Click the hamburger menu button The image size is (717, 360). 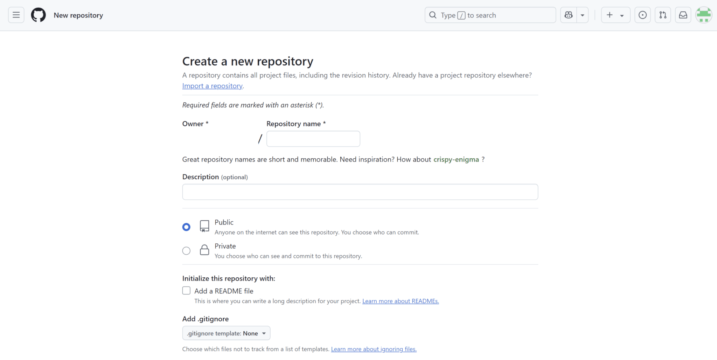click(16, 15)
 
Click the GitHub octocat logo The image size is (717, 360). click(39, 15)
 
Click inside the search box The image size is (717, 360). click(490, 15)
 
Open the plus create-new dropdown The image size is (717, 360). click(615, 15)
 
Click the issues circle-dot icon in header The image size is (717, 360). click(642, 15)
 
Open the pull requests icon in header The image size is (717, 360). click(663, 15)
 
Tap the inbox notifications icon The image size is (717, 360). click(683, 15)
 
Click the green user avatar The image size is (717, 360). click(704, 15)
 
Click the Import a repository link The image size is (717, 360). click(213, 86)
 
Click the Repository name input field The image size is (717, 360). click(313, 139)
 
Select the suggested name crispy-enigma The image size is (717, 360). click(456, 160)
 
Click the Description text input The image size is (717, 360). click(360, 192)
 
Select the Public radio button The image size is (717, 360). click(186, 227)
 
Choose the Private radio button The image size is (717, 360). click(186, 251)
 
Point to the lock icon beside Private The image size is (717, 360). click(204, 250)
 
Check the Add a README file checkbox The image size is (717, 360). click(186, 291)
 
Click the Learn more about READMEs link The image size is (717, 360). click(401, 301)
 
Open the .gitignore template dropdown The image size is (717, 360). click(227, 333)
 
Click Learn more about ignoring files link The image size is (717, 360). click(374, 349)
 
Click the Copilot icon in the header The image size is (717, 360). click(569, 15)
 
